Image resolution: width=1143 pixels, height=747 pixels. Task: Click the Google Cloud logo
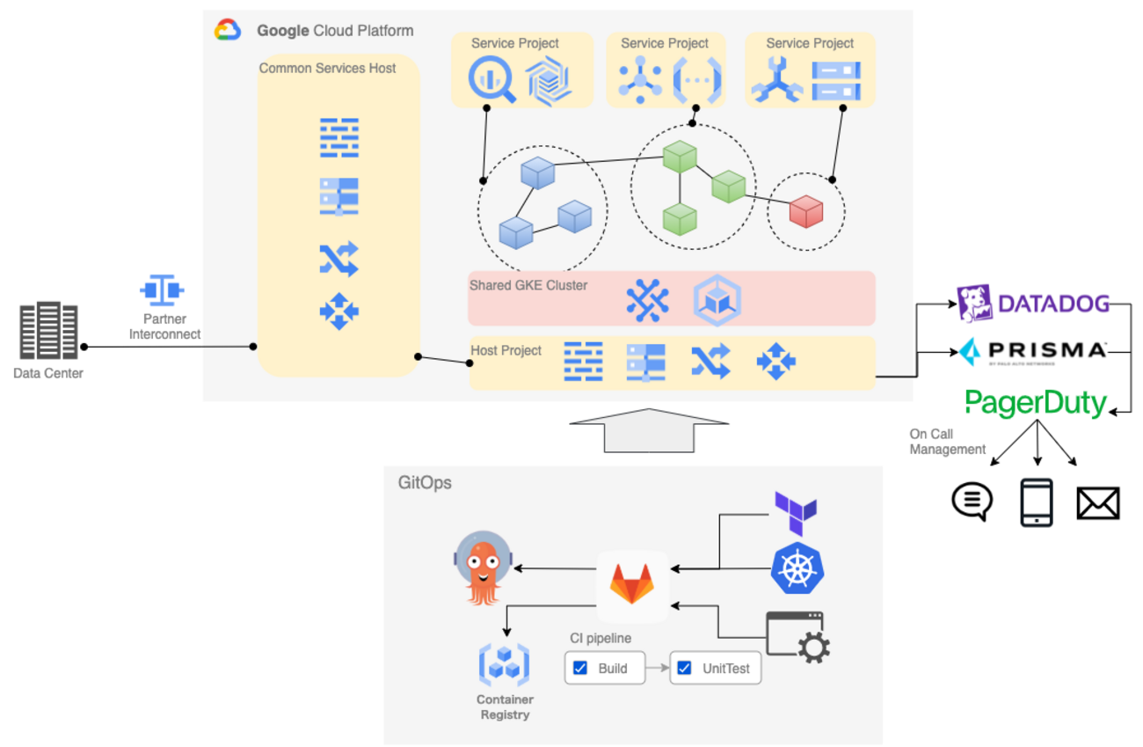click(x=228, y=31)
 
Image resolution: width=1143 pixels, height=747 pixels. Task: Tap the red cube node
click(x=805, y=212)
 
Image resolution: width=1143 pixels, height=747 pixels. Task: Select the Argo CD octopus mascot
click(x=480, y=568)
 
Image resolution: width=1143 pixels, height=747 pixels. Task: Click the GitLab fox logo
click(x=632, y=582)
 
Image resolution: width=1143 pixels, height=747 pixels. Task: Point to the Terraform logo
click(x=796, y=514)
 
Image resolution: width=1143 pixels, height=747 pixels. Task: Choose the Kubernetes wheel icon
click(x=797, y=568)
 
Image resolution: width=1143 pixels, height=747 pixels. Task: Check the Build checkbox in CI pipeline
click(x=580, y=668)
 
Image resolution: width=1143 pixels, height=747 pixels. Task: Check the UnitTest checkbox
click(x=684, y=668)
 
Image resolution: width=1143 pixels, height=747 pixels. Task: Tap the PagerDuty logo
click(x=1036, y=403)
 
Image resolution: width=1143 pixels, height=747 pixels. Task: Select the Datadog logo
click(x=1033, y=304)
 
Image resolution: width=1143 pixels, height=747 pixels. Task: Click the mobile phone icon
click(x=1037, y=503)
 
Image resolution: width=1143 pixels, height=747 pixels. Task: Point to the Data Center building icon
click(x=48, y=332)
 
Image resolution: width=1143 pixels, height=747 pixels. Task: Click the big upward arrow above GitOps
click(x=649, y=429)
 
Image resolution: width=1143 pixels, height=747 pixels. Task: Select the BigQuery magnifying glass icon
click(x=491, y=79)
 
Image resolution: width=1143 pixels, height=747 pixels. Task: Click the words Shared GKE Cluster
click(x=528, y=285)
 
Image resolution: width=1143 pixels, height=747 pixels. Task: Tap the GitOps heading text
click(x=425, y=482)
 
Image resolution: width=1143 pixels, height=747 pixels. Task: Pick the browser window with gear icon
click(x=797, y=635)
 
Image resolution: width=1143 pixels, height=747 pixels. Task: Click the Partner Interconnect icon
click(x=163, y=290)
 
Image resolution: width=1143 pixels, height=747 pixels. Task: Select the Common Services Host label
click(x=327, y=68)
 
